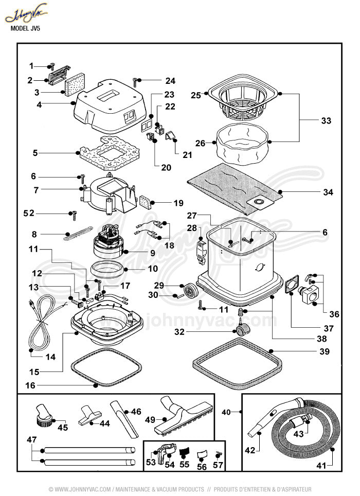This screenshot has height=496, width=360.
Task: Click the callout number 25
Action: pos(195,95)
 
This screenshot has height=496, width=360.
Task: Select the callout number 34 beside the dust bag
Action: pos(328,192)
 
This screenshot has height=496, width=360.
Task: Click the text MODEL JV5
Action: pos(26,29)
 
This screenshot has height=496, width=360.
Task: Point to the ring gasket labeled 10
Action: pos(107,268)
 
